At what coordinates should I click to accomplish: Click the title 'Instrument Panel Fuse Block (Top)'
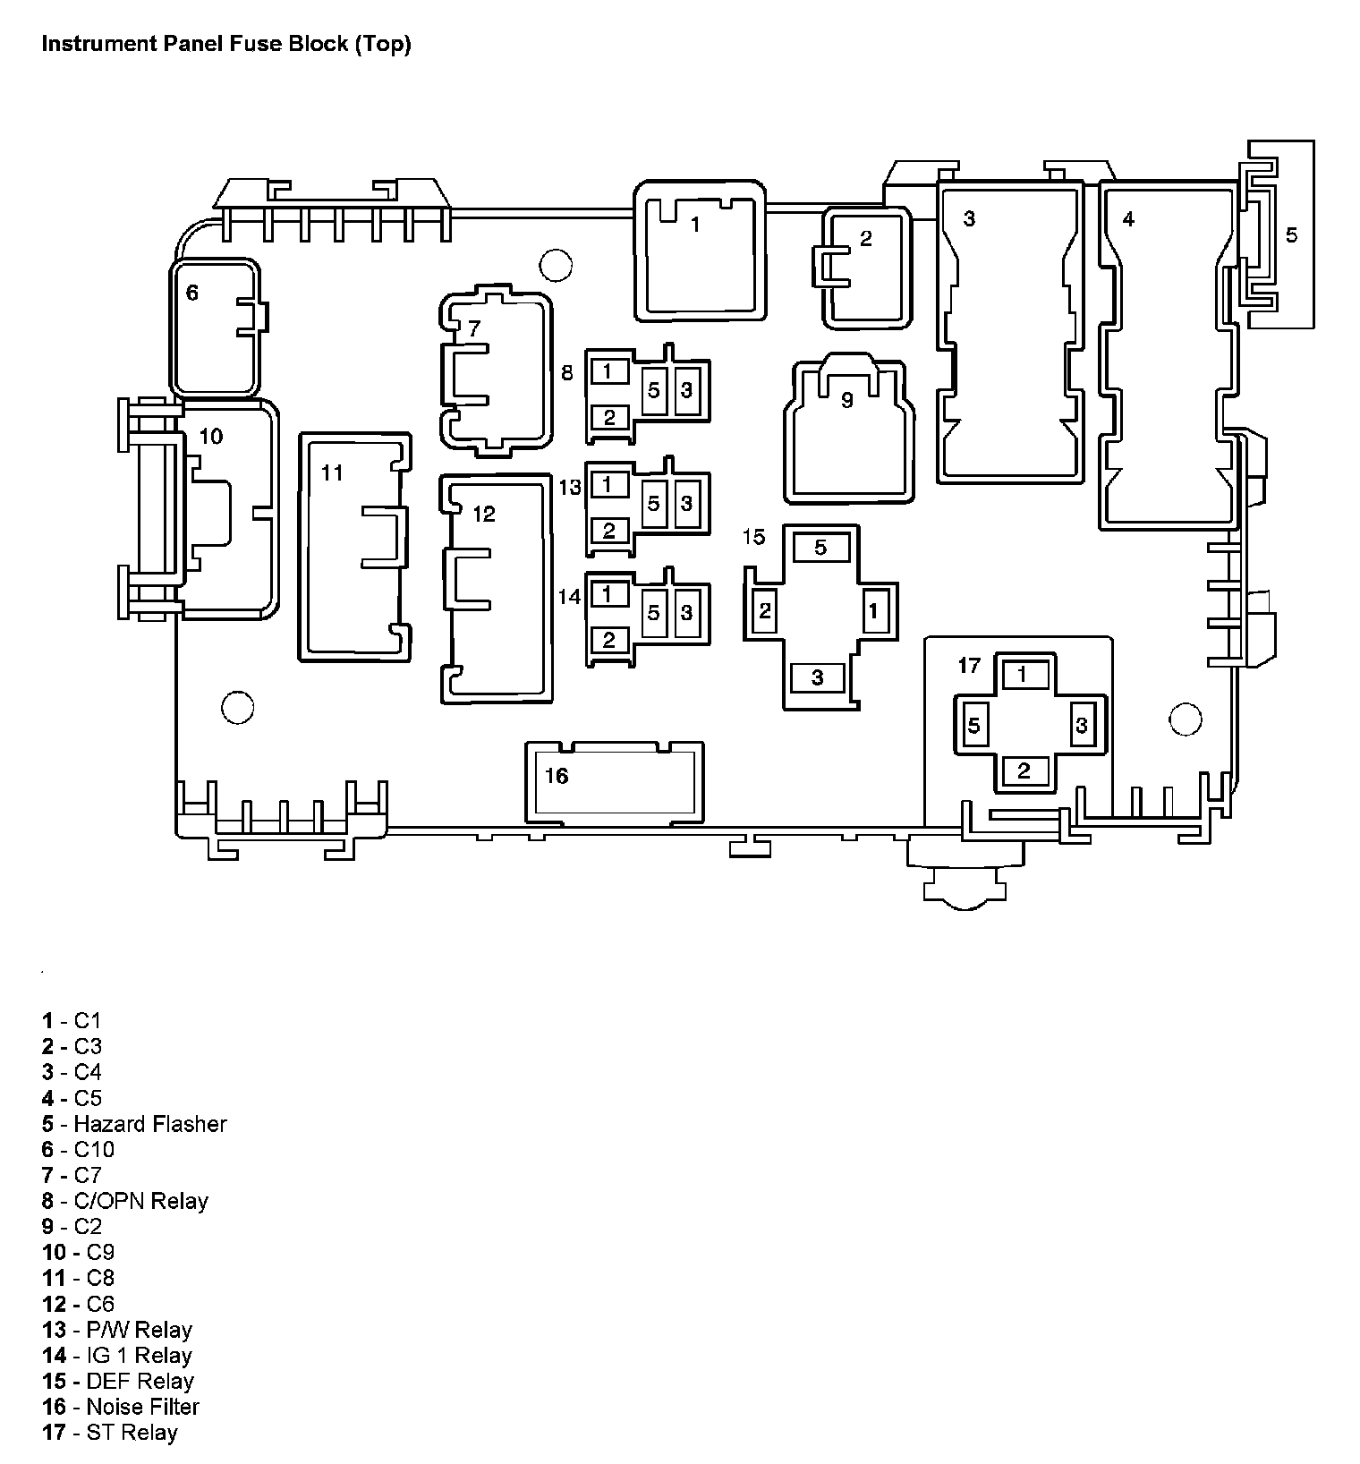[226, 45]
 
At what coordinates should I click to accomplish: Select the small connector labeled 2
[866, 268]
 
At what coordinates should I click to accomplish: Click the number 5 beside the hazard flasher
[1291, 234]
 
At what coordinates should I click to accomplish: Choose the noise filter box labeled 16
[614, 780]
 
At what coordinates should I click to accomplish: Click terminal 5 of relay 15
[820, 548]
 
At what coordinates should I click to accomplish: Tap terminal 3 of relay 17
[1082, 724]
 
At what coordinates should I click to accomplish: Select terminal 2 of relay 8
[609, 417]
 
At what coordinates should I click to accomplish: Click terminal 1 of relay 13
[608, 485]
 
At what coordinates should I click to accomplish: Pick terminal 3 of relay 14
[686, 612]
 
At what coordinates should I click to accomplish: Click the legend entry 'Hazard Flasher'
[149, 1124]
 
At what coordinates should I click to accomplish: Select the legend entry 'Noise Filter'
[142, 1407]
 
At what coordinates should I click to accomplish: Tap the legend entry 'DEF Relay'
[140, 1381]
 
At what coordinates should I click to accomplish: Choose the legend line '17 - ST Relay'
[110, 1433]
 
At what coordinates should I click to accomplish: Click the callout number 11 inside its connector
[332, 472]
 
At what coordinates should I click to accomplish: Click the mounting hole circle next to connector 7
[556, 264]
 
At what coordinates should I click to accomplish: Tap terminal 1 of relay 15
[874, 612]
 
